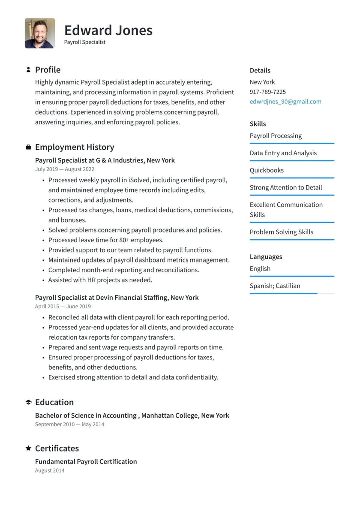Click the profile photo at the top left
pos(40,33)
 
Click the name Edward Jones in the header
pos(108,30)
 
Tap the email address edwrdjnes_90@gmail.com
pos(285,102)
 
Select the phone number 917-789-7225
pos(267,92)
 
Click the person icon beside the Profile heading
pos(28,69)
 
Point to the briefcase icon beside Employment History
pos(28,147)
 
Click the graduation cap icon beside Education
pos(28,402)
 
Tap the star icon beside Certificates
pos(28,448)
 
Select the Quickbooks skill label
pos(267,170)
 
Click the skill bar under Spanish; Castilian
pos(291,294)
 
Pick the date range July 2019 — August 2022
pos(65,169)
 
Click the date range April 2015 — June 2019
pos(63,307)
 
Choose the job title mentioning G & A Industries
pos(105,160)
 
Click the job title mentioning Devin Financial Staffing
pos(117,298)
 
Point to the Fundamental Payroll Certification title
pos(86,462)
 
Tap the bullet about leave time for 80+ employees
pos(106,240)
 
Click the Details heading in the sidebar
pos(260,70)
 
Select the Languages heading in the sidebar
pos(266,257)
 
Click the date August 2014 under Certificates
pos(50,471)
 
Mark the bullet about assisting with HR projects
pos(100,280)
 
